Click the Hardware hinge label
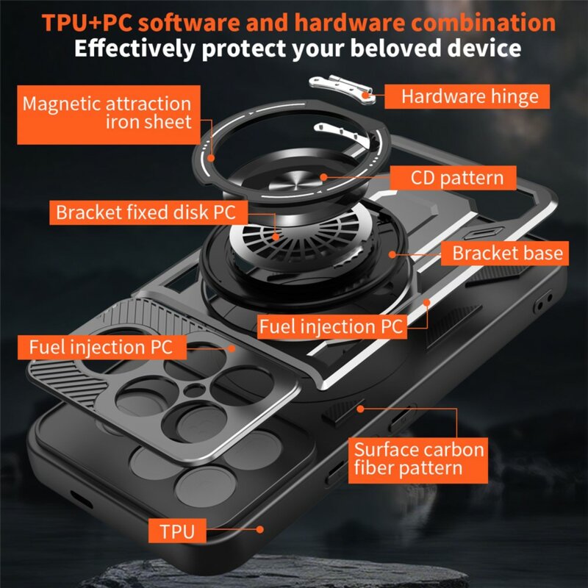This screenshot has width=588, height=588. tap(470, 96)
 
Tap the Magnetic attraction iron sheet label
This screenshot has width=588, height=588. tap(107, 112)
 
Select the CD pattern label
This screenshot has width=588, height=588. tap(456, 178)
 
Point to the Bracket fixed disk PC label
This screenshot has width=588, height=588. tap(146, 213)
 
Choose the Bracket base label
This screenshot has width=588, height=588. tap(507, 254)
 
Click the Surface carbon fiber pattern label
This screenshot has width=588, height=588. tap(419, 459)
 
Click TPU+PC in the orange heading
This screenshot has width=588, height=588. tap(87, 22)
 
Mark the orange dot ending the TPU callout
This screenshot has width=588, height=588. tap(260, 528)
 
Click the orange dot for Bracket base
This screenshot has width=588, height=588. tap(394, 254)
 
